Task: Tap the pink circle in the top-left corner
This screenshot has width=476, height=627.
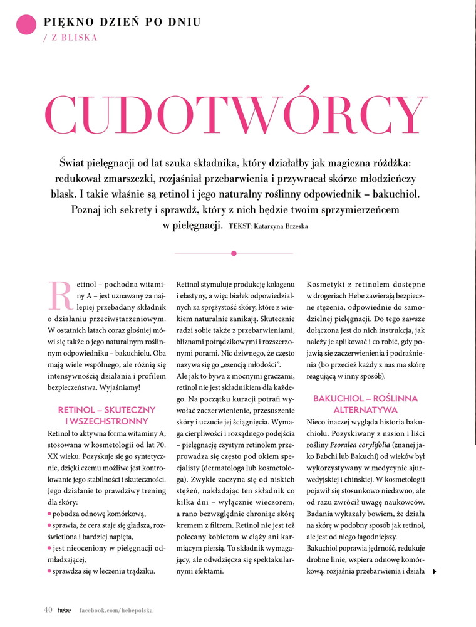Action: [x=26, y=26]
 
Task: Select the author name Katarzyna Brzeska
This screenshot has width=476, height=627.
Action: [x=281, y=226]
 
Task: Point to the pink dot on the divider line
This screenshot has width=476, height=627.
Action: [x=234, y=253]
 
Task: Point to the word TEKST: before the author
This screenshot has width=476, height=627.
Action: [x=241, y=226]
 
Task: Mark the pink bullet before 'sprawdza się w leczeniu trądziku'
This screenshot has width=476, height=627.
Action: [x=50, y=571]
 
